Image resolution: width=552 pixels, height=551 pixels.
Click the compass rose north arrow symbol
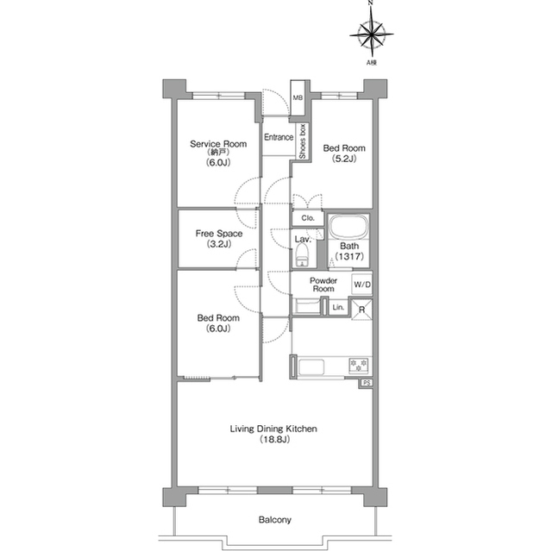pos(372,34)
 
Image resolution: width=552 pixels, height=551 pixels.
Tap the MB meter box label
pos(298,97)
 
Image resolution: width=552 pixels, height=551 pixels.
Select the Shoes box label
pos(302,141)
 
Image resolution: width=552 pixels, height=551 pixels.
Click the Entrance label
pos(279,137)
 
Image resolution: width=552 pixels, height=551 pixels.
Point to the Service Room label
pos(218,144)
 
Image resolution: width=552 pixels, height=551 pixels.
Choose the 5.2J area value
pos(344,159)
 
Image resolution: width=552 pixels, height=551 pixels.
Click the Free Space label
pos(219,234)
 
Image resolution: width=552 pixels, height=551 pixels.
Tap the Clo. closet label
pos(308,218)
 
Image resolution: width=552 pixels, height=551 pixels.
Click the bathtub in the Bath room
pos(348,227)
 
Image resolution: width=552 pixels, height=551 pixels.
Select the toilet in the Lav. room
pos(302,255)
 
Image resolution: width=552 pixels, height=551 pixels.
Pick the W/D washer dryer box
pos(362,284)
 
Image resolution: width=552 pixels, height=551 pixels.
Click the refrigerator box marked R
pos(362,310)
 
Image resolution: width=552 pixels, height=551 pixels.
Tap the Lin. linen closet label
pos(338,308)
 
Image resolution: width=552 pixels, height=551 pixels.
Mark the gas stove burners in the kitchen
pos(359,366)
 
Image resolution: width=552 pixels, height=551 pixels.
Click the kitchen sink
pos(311,367)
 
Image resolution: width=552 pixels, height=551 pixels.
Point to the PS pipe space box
pos(366,383)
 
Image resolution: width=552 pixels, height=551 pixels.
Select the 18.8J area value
pos(274,440)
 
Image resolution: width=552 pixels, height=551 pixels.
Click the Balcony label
pos(274,520)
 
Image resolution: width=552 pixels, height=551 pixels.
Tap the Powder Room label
pos(323,285)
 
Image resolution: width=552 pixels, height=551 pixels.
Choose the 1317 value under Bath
pos(348,256)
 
